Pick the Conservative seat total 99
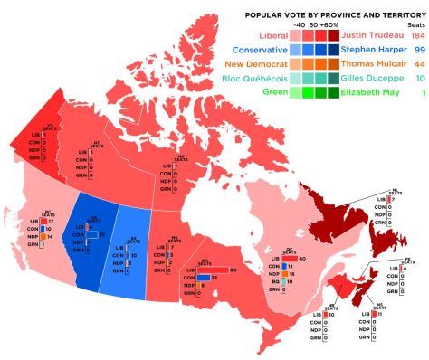pos(418,50)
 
